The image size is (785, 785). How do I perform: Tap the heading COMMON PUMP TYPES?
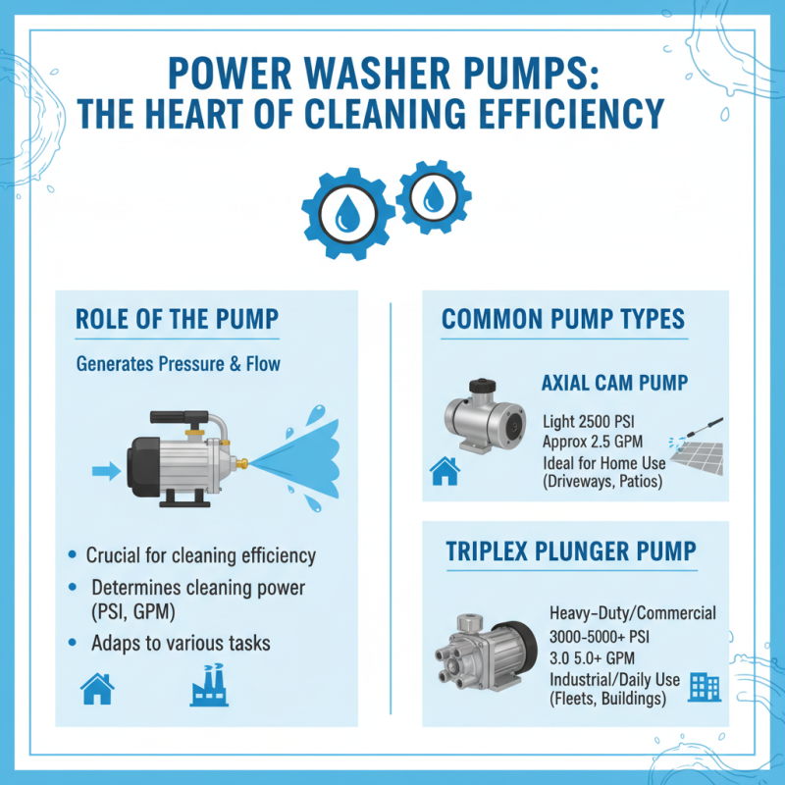coord(563,319)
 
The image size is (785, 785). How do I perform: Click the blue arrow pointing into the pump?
coord(104,472)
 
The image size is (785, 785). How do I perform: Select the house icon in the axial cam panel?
coord(445,473)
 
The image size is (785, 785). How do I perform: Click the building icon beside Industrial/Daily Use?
coord(704,686)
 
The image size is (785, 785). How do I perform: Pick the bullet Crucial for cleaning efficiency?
coord(200,555)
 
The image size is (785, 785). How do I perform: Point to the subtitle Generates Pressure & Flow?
coord(178,364)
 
